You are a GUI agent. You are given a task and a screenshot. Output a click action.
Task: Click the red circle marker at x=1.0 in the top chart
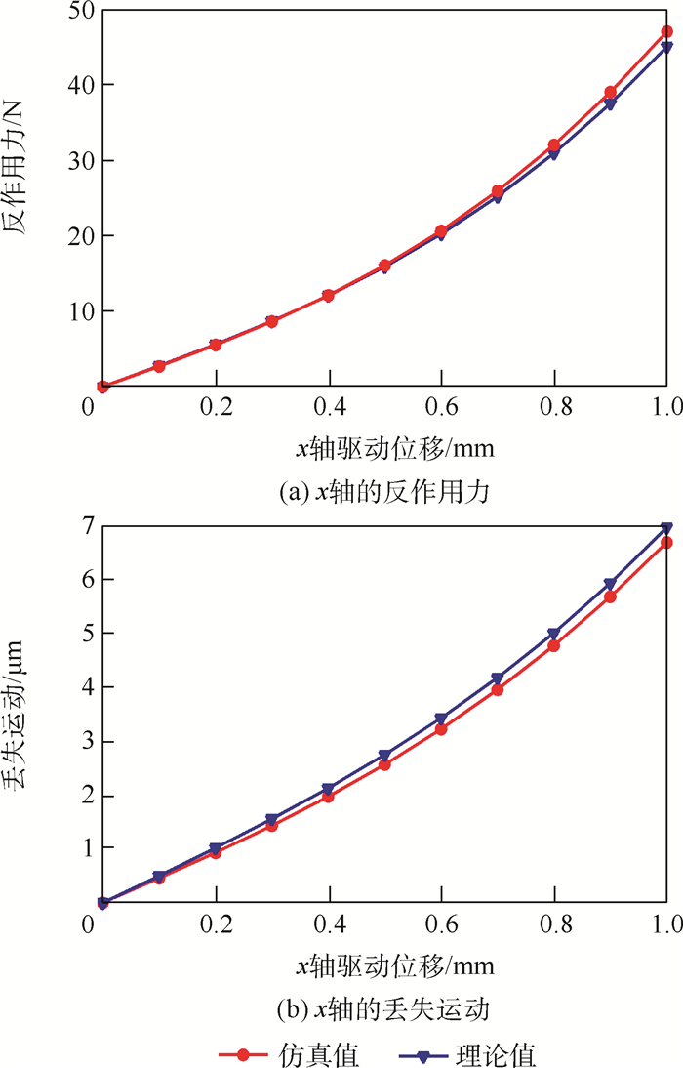tap(667, 32)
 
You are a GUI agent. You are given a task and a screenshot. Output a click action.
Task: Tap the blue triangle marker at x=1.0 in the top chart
tap(667, 48)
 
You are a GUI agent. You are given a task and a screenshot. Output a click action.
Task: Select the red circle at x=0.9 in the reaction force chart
tap(611, 93)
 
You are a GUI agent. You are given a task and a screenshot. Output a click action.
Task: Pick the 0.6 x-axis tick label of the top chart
tap(442, 405)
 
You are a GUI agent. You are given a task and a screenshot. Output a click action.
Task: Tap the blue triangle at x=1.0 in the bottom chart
tap(667, 528)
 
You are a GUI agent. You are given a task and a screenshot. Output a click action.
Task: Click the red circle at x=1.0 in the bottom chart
tap(667, 543)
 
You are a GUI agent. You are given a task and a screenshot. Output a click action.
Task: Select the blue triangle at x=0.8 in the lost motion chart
tap(554, 634)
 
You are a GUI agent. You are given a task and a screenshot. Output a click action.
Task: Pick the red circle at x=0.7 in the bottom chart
tap(498, 690)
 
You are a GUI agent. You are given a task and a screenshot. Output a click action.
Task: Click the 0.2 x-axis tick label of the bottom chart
tap(217, 923)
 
